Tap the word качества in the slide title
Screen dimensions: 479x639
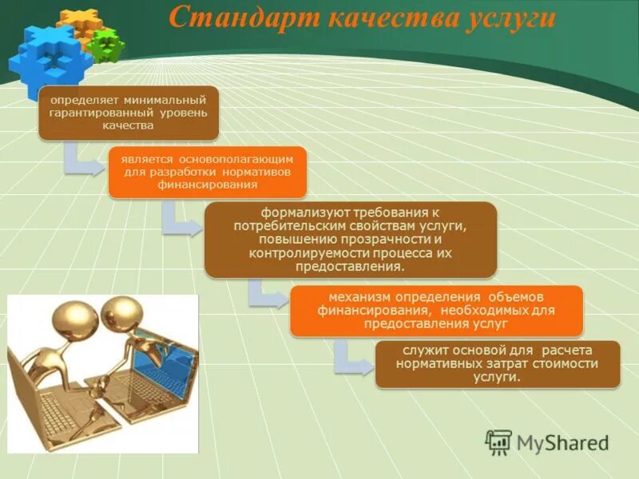pyautogui.click(x=375, y=18)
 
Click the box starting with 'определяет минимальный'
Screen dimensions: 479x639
pyautogui.click(x=129, y=113)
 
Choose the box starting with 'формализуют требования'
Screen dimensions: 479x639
pyautogui.click(x=351, y=239)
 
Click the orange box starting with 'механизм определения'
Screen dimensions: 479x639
pyautogui.click(x=435, y=311)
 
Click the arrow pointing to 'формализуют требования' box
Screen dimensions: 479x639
pyautogui.click(x=179, y=220)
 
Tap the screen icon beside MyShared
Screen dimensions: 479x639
pyautogui.click(x=498, y=442)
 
